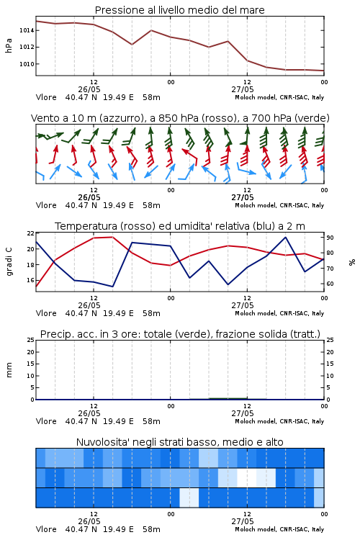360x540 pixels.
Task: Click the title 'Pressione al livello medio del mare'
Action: pos(179,10)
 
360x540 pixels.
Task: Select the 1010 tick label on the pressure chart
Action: pos(27,64)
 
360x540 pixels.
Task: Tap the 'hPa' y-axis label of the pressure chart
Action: pos(9,46)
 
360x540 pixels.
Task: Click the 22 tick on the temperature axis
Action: pos(31,233)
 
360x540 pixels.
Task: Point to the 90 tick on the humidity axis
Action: pos(330,238)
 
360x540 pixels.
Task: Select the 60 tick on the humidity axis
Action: pos(330,284)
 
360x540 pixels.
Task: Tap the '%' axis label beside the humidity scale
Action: pos(352,262)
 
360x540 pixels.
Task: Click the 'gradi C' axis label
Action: pos(9,261)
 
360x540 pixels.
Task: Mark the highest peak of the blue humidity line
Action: pos(286,237)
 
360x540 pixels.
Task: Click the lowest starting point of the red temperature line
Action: pos(36,286)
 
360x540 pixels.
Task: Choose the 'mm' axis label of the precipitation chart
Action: pos(9,370)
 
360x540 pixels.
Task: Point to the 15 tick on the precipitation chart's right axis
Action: pos(330,364)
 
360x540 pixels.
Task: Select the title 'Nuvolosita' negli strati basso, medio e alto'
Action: pos(179,442)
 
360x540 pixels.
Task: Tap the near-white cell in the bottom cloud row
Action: pos(189,498)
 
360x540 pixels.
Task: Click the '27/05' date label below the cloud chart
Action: pos(243,521)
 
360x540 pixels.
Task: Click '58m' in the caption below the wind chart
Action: pos(152,205)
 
